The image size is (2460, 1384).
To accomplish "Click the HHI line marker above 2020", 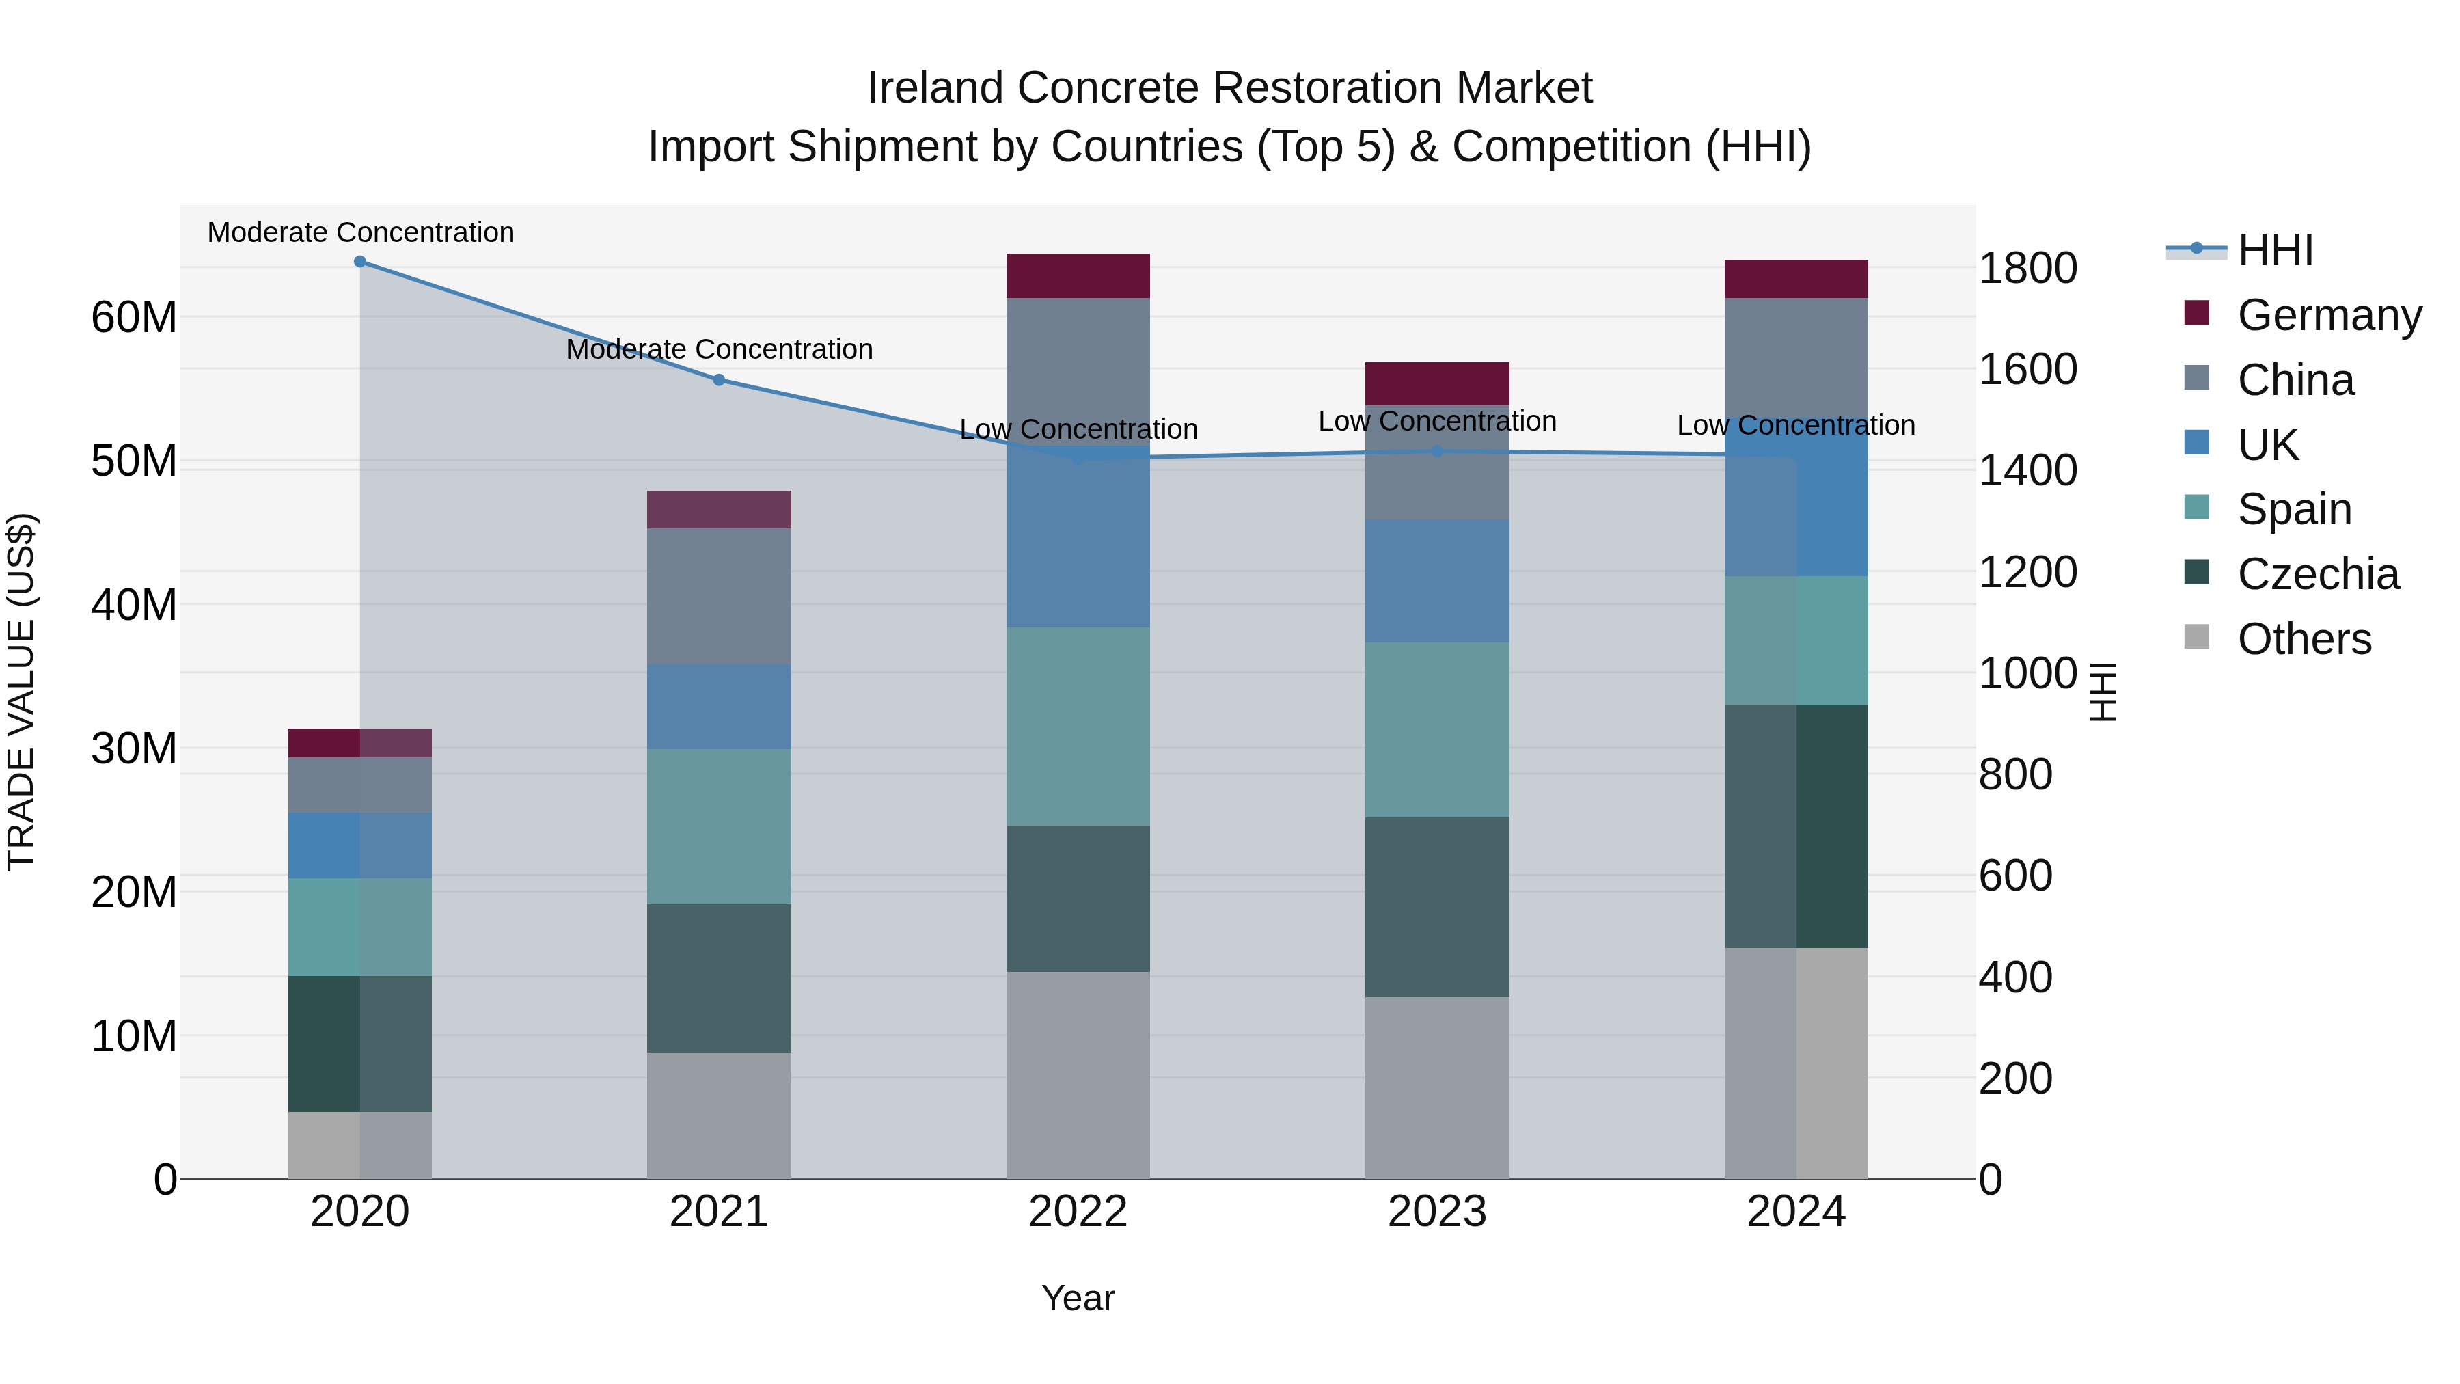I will tap(360, 262).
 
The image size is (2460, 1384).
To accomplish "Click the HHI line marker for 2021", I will tap(719, 380).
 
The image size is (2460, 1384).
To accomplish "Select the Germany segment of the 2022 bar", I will tap(1078, 276).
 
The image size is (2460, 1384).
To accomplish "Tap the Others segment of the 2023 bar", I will tap(1437, 1088).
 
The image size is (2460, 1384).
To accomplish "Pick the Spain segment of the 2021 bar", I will tap(719, 826).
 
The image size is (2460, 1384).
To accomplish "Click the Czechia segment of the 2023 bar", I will tap(1437, 908).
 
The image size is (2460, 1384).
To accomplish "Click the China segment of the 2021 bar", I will tap(719, 597).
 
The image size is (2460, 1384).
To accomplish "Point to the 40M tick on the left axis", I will tap(134, 606).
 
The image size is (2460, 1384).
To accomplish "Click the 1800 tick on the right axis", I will tap(2027, 269).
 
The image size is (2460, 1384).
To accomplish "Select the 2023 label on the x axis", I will tap(1437, 1212).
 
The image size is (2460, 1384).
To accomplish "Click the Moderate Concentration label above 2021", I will tap(719, 349).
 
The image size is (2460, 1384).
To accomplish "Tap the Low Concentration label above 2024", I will tap(1795, 425).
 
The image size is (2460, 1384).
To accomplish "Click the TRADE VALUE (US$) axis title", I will tap(21, 692).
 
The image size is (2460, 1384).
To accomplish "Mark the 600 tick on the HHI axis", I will tap(2015, 876).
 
